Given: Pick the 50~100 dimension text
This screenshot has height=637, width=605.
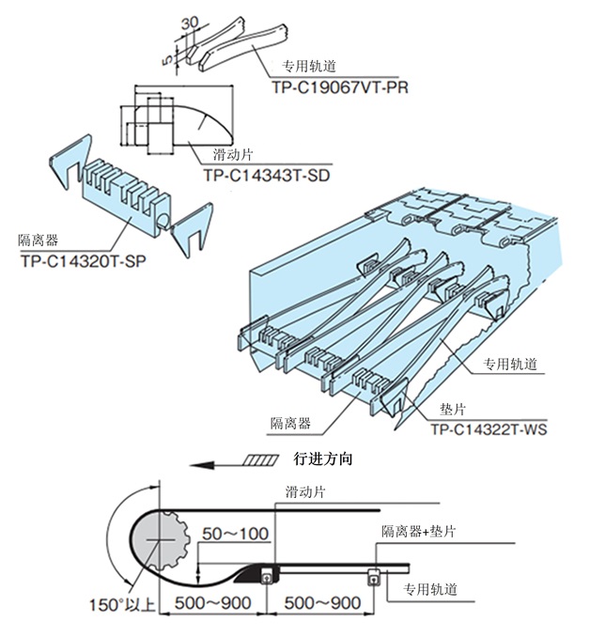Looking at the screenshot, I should coord(236,534).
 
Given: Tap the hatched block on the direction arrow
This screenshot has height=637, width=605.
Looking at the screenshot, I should coord(259,461).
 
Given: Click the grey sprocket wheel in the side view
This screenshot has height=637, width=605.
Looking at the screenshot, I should coord(163,541).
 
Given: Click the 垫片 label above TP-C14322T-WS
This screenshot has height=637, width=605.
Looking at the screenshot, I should coord(454,411).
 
